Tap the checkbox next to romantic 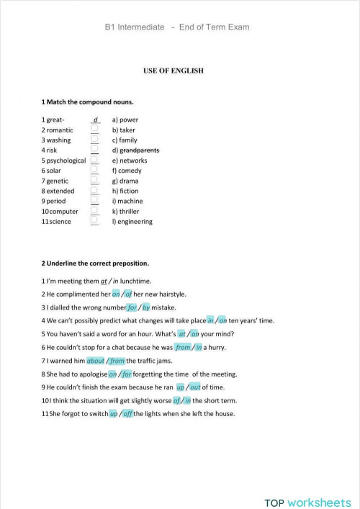[x=94, y=130]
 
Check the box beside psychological [x=94, y=160]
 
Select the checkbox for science [x=94, y=221]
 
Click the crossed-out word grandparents [x=140, y=150]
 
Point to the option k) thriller [x=129, y=212]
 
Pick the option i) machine [x=128, y=202]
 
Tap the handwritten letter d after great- [x=95, y=119]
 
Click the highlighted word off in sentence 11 [x=127, y=413]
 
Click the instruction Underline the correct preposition [x=95, y=263]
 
